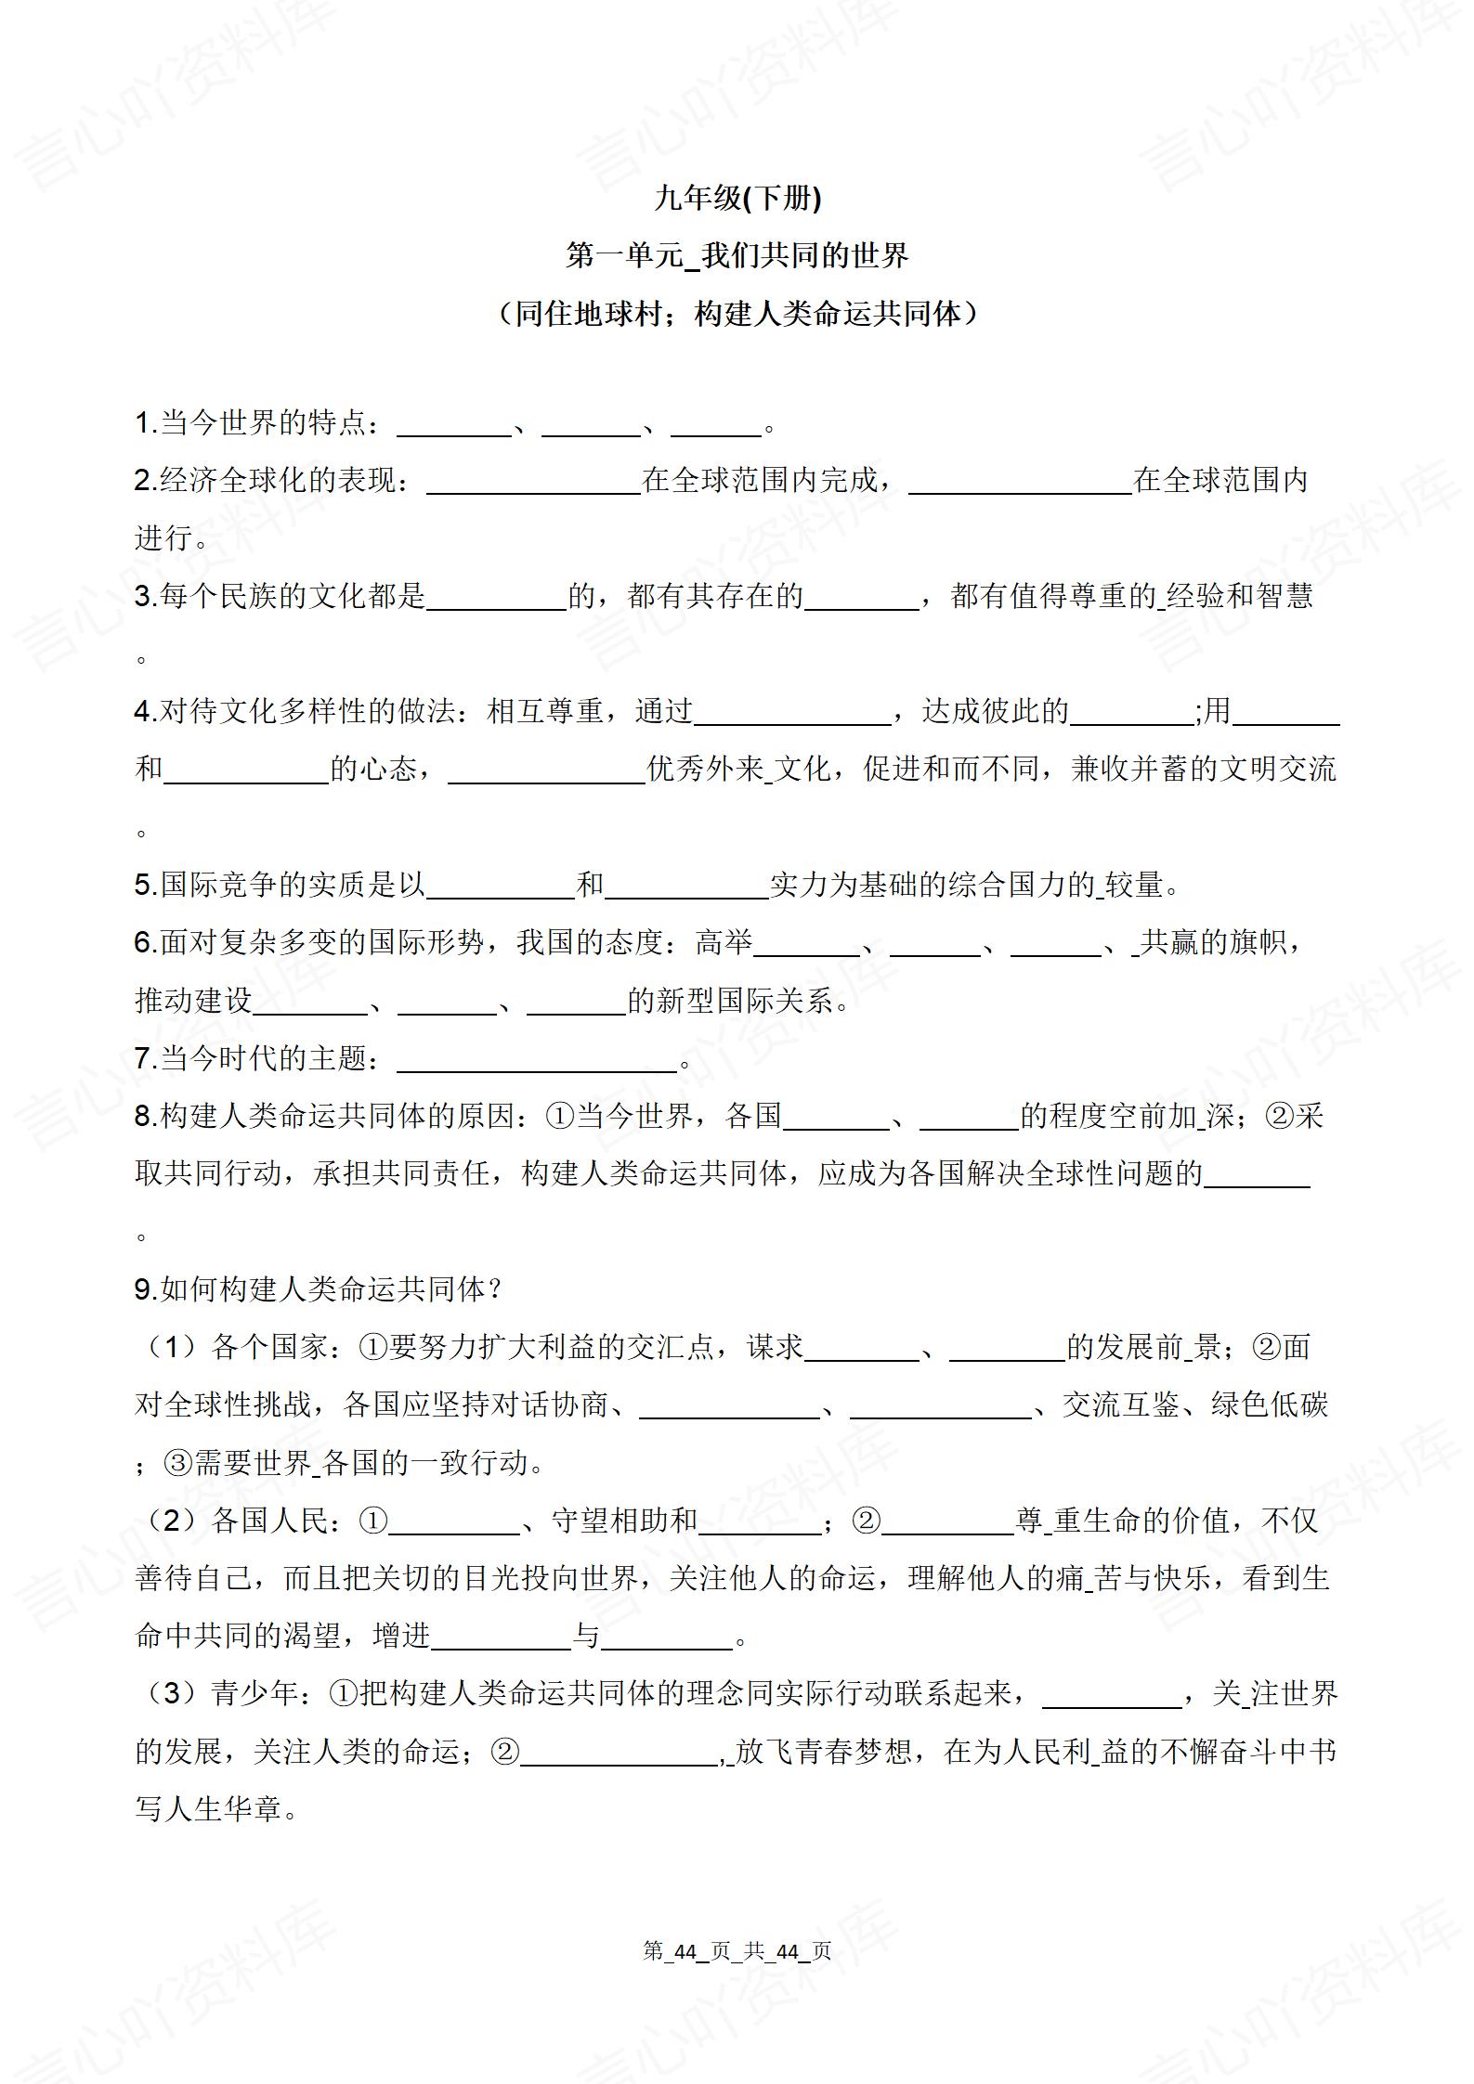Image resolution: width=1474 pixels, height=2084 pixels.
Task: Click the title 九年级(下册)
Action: click(737, 198)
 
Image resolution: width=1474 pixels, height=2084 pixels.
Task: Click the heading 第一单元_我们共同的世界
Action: click(737, 255)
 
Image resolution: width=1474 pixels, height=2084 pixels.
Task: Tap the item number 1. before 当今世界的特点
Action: click(146, 423)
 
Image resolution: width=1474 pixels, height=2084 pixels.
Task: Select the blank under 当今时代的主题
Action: click(537, 1059)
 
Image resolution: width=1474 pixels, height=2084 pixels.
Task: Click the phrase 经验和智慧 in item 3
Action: click(1239, 596)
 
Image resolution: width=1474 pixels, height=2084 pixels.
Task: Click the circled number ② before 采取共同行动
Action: click(1279, 1116)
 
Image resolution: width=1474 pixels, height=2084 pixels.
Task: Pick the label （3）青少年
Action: click(217, 1694)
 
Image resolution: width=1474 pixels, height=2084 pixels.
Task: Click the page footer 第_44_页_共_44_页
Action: click(737, 1951)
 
